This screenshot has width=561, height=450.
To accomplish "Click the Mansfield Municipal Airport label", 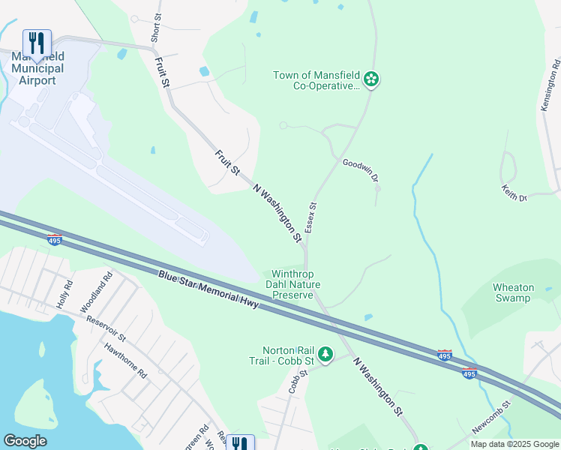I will click(37, 68).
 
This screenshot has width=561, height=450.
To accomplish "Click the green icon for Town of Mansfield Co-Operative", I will click(370, 78).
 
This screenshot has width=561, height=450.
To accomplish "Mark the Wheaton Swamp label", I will click(514, 292).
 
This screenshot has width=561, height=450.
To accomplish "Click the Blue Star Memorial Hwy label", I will click(208, 289).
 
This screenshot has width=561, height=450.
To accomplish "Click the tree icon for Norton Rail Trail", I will click(325, 352).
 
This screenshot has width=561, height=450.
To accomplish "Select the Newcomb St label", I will click(491, 415).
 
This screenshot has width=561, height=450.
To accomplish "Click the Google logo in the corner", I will click(25, 440).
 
